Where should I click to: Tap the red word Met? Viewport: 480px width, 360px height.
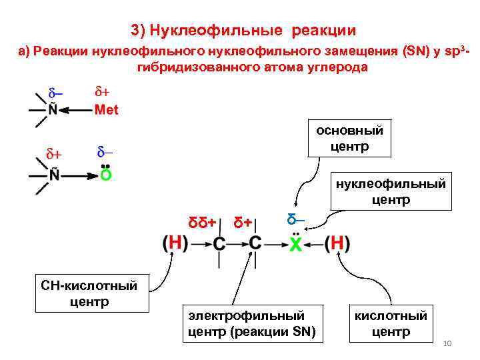tap(107, 110)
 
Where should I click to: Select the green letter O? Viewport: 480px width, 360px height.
tap(105, 176)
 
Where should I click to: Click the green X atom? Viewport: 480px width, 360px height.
tap(295, 244)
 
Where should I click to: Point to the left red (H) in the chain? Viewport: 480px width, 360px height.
tap(174, 243)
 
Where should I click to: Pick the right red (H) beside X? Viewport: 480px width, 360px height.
tap(337, 243)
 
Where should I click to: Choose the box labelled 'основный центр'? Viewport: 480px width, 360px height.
tap(349, 138)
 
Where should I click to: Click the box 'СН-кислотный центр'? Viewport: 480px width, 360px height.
tap(89, 293)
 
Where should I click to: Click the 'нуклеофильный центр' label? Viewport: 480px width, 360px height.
tap(391, 191)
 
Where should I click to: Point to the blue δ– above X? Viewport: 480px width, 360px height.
tap(295, 219)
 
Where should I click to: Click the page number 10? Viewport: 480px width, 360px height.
tap(447, 343)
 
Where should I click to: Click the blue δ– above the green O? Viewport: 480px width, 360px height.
tap(105, 151)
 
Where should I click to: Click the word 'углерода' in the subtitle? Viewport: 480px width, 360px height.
tap(337, 68)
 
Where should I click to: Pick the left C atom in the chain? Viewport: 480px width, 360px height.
tap(219, 244)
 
